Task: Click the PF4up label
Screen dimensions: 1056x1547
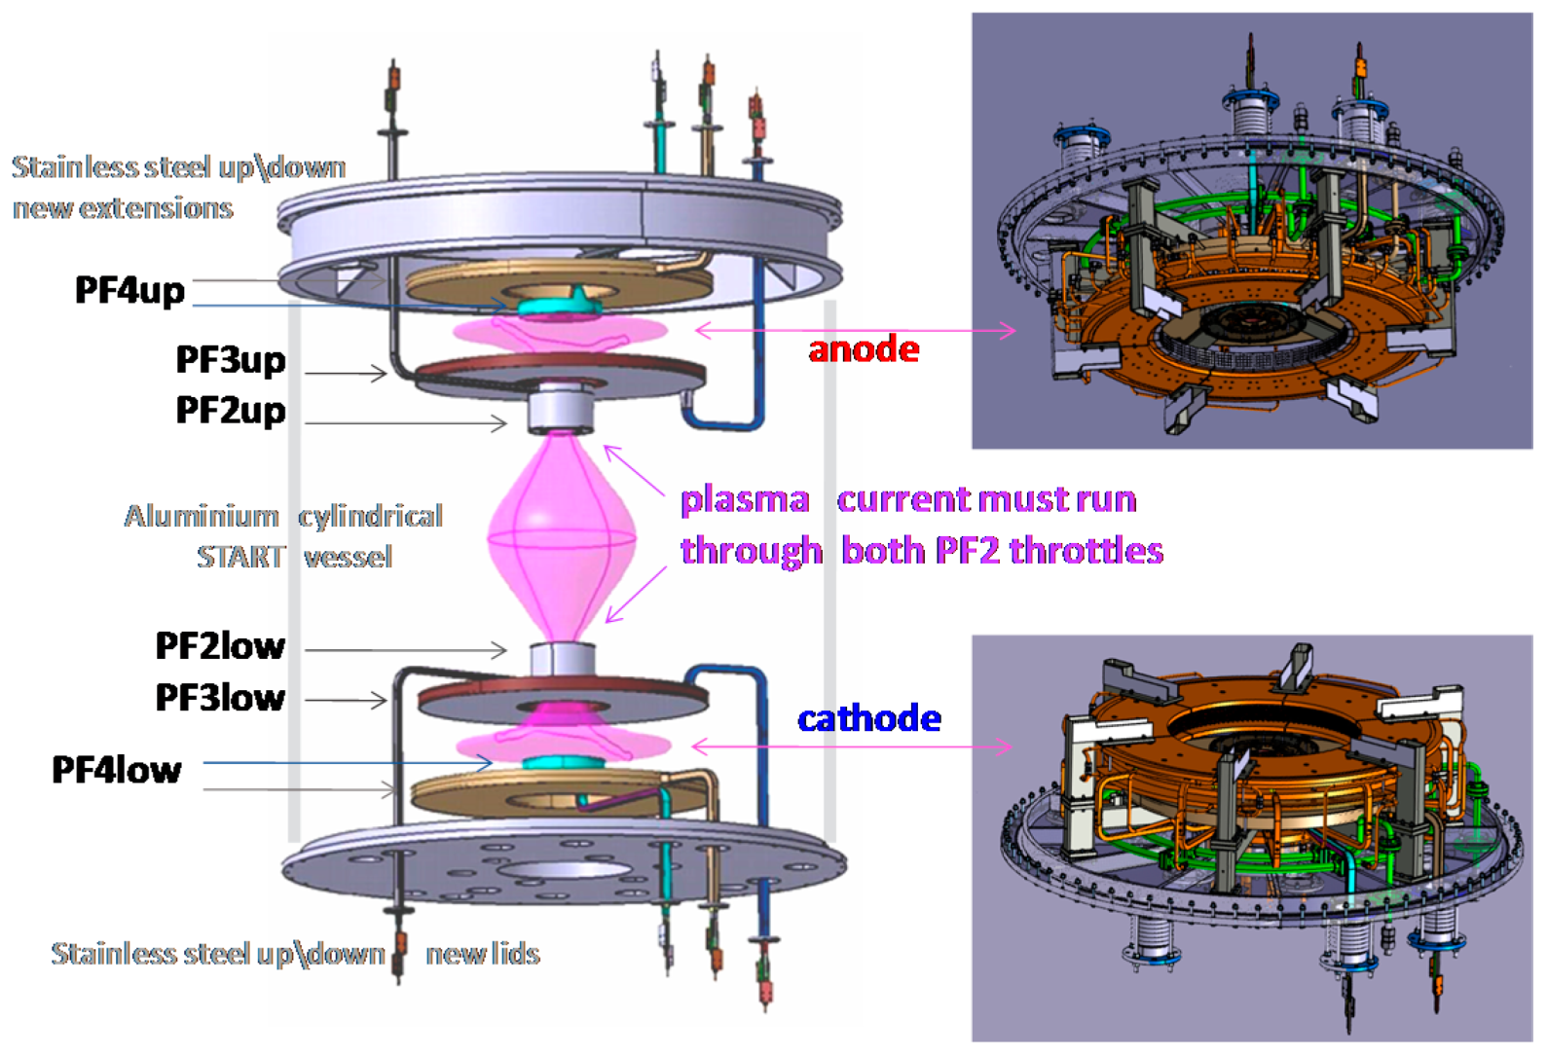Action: coord(129,290)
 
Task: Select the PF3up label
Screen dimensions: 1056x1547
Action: coord(231,359)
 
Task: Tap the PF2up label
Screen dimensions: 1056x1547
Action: coord(231,410)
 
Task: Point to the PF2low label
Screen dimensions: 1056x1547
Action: coord(220,645)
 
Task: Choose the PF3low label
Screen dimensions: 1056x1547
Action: coord(220,697)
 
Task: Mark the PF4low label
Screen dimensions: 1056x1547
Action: coord(117,770)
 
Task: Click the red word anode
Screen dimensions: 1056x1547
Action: coord(864,349)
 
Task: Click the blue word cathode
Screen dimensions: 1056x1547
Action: coord(868,718)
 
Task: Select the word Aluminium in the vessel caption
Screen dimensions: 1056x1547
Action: coord(202,516)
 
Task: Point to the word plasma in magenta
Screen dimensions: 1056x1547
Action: coord(745,500)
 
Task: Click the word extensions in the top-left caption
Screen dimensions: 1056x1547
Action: coord(156,208)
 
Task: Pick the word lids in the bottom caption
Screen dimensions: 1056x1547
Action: coord(515,954)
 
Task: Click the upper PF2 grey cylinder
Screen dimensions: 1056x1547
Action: coord(561,409)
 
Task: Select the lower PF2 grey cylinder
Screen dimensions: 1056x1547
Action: coord(562,660)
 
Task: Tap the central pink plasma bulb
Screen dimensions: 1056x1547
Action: coord(562,535)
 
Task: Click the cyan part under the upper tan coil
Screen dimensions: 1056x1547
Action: coord(561,306)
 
